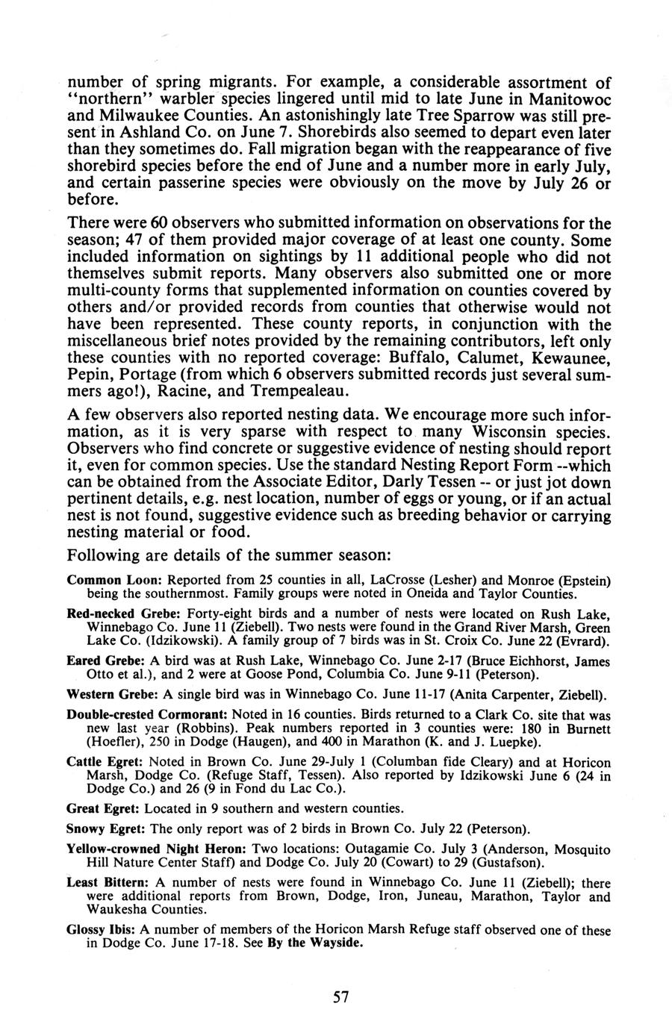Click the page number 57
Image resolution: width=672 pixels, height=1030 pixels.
(341, 996)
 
